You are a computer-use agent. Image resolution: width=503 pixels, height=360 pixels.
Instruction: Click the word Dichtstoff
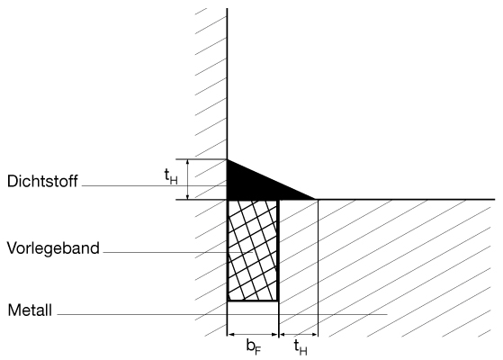coord(42,181)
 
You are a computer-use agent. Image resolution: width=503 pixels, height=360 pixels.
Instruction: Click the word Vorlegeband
coord(53,248)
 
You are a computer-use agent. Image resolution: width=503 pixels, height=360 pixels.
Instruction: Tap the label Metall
coord(30,310)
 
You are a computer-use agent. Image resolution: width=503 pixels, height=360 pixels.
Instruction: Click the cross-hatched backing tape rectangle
coord(253,250)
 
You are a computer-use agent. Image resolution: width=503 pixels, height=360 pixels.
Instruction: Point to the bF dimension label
coord(254,347)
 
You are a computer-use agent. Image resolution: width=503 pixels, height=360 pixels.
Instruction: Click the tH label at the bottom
coord(301,347)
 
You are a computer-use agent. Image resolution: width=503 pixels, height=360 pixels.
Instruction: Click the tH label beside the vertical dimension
coord(171,176)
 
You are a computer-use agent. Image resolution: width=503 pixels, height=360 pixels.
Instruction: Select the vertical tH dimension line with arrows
coord(188,179)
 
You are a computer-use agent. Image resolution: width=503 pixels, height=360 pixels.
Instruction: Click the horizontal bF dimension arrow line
coord(253,335)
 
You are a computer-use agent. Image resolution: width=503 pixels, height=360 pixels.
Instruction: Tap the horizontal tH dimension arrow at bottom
coord(299,335)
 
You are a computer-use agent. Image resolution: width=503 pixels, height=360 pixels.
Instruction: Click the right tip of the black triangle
coord(316,199)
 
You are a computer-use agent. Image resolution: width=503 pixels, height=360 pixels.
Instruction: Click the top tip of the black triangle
coord(228,159)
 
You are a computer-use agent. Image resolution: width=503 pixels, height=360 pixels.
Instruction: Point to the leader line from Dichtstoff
coord(154,185)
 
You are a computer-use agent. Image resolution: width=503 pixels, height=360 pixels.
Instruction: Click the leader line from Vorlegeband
coord(178,253)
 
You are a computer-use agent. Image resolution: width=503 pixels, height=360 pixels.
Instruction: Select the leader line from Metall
coord(222,314)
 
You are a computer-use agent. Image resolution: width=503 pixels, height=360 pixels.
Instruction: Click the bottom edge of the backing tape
coord(253,301)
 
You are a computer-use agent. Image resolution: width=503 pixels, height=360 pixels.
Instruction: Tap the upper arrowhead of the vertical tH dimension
coord(188,162)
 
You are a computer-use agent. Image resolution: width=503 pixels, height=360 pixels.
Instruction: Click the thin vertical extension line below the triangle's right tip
coord(318,268)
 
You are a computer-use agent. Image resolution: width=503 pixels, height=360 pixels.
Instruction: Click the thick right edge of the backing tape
coord(278,250)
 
